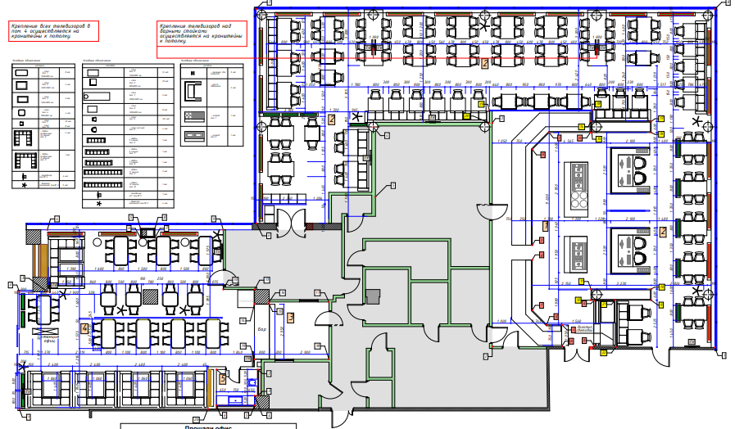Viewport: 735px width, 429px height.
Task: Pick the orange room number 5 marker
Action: coord(222,379)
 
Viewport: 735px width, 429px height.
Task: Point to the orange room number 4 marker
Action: coord(85,327)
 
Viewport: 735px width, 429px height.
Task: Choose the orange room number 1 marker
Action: coord(547,224)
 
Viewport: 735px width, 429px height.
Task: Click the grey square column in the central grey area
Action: coord(373,298)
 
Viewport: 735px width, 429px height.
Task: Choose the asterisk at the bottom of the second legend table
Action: coord(99,203)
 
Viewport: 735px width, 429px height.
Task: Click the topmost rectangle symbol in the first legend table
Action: coord(23,73)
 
